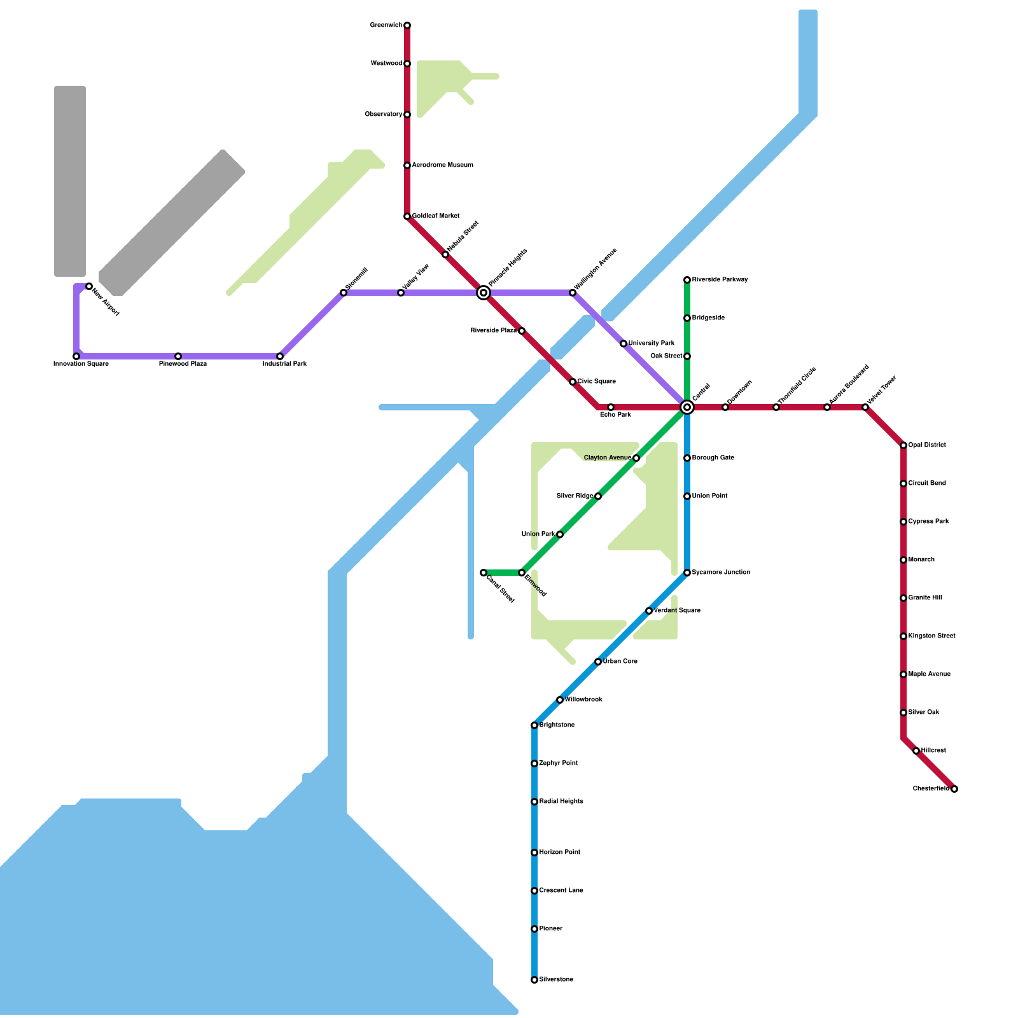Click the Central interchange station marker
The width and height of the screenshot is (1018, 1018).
click(x=687, y=407)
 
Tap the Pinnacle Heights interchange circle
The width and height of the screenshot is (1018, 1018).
click(x=484, y=293)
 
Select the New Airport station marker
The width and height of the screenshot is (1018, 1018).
click(x=89, y=286)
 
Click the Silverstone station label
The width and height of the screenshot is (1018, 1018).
click(x=556, y=980)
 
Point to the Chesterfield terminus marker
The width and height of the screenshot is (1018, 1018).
click(x=954, y=789)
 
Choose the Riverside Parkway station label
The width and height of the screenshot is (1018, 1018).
click(x=720, y=280)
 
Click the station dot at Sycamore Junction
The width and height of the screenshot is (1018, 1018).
click(x=687, y=573)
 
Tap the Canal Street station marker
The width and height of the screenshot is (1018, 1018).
click(x=484, y=573)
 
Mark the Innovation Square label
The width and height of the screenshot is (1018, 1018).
click(x=81, y=364)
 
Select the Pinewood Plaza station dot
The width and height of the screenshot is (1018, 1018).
click(x=178, y=356)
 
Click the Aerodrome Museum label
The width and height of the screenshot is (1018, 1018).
click(x=442, y=165)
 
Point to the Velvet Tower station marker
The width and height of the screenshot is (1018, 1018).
click(x=865, y=407)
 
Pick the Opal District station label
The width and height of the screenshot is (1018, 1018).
click(x=927, y=445)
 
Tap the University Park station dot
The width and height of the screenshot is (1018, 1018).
click(x=624, y=344)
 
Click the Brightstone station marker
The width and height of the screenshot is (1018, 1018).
click(x=534, y=725)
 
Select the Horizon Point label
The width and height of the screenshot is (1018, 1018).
click(x=559, y=853)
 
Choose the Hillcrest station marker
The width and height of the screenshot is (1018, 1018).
click(x=916, y=751)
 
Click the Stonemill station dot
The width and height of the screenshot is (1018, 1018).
click(x=344, y=293)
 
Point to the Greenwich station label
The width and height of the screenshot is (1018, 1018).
click(x=386, y=25)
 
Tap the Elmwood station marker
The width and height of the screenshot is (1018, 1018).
click(x=522, y=573)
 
